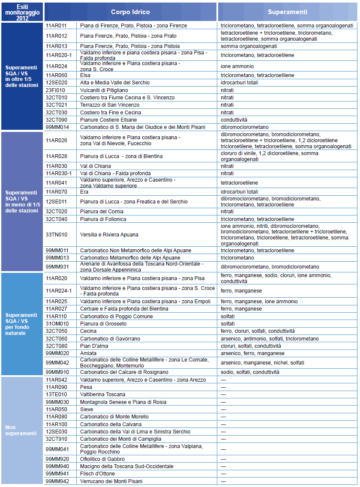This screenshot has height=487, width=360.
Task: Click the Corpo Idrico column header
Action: click(x=130, y=12)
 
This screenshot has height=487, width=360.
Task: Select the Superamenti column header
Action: click(x=288, y=12)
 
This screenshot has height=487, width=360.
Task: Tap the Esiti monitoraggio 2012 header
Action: click(x=22, y=12)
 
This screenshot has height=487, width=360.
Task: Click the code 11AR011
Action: click(x=56, y=26)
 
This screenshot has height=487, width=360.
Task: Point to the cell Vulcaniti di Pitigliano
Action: click(x=104, y=90)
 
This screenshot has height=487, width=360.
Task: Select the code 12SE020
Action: click(x=56, y=83)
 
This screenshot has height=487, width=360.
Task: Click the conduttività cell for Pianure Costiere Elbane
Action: click(x=234, y=120)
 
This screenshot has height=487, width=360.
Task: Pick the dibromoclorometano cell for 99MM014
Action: click(x=245, y=127)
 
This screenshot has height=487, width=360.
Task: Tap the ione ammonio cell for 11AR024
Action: click(x=237, y=66)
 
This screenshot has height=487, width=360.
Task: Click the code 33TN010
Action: click(x=56, y=235)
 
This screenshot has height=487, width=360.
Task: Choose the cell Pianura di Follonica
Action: click(x=103, y=219)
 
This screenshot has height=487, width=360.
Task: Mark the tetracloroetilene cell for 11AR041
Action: click(x=239, y=183)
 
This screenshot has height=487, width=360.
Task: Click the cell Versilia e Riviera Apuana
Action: click(x=109, y=235)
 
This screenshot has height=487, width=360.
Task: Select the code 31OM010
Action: click(x=56, y=324)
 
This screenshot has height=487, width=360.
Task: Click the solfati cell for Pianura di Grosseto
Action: click(x=228, y=324)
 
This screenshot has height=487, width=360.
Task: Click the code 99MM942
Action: click(x=57, y=481)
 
